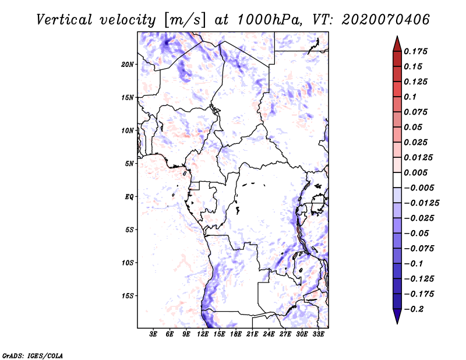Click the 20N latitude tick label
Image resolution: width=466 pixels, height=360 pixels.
point(128,64)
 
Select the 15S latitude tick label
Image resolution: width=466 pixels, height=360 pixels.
point(128,296)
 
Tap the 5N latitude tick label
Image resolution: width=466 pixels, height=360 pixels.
point(129,164)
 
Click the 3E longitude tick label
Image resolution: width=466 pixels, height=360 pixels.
point(154,335)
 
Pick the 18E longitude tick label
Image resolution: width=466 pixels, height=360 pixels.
point(236,335)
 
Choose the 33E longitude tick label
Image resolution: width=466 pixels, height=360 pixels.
point(319,335)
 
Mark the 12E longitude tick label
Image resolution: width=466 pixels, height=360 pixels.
point(203,335)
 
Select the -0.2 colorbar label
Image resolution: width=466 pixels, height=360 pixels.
point(415,309)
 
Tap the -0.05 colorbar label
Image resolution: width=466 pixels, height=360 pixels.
point(418,233)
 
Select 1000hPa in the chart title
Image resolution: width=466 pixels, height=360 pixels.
point(265,19)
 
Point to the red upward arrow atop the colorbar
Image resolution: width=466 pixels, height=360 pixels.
point(397,43)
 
